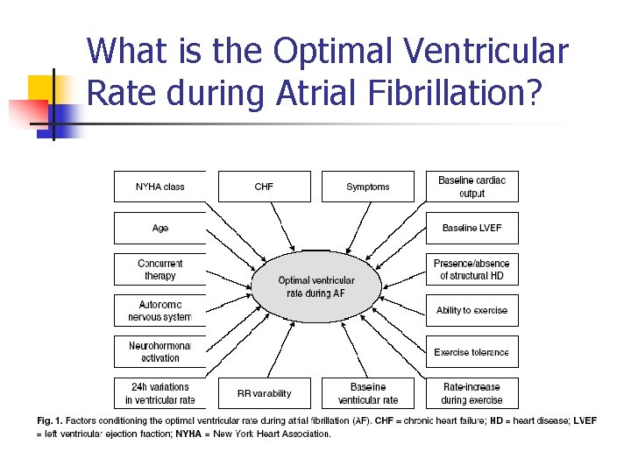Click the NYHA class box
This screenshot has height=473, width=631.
(160, 187)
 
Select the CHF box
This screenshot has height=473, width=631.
(264, 187)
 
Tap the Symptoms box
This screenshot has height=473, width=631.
(367, 187)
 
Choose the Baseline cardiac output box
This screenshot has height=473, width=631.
(471, 187)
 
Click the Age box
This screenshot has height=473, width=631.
(160, 228)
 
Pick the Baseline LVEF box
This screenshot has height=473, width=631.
(471, 228)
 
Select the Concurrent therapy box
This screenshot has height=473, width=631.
(160, 270)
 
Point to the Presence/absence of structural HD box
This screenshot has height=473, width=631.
(471, 270)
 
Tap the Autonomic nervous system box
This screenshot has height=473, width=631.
(160, 310)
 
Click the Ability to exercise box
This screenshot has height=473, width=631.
(471, 310)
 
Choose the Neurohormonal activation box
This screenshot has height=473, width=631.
(160, 351)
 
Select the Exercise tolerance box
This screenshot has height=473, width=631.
(471, 352)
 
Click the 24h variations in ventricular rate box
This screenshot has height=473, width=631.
(160, 393)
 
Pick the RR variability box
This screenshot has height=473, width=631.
(264, 393)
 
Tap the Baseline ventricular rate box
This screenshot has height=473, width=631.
(367, 393)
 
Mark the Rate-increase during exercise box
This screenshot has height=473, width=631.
(471, 393)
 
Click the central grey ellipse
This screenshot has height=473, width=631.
(316, 286)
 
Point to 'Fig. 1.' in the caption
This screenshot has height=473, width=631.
(49, 421)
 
